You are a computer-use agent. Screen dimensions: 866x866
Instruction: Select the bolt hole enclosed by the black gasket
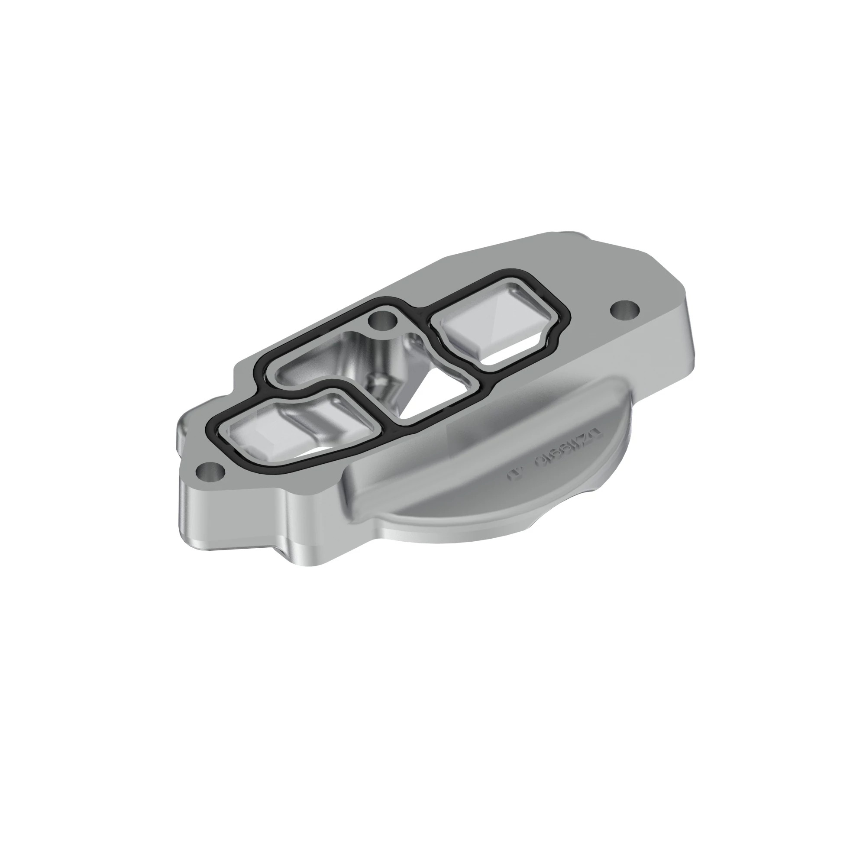pyautogui.click(x=383, y=319)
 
